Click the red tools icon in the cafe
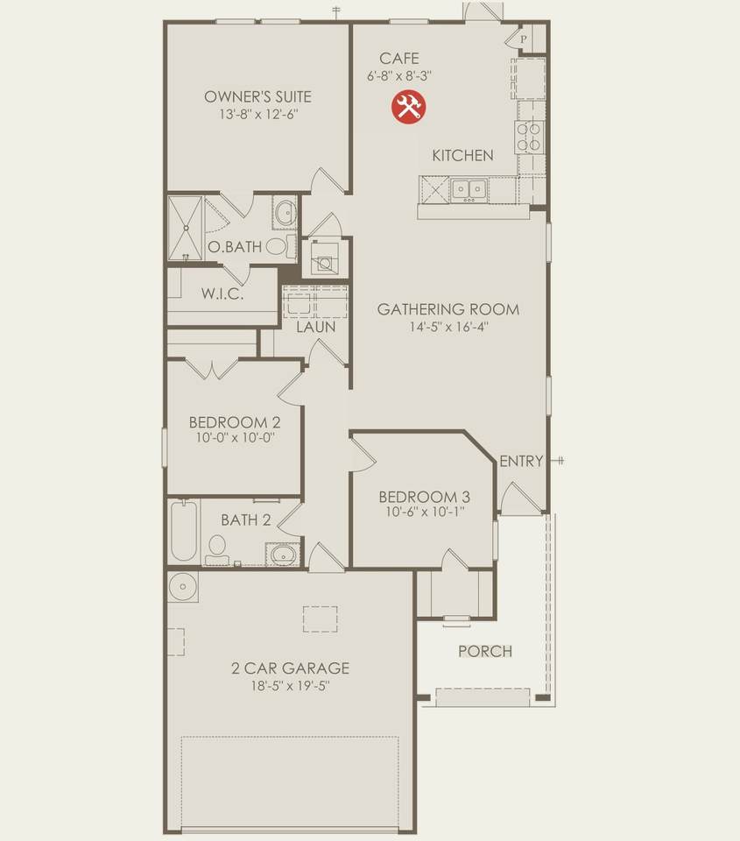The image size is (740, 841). (409, 106)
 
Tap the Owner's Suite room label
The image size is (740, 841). (258, 96)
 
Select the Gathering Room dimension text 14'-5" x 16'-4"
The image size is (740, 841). (449, 327)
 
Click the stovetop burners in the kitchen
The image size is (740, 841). (528, 137)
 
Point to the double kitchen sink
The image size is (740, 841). (469, 189)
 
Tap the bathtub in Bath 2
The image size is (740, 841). (184, 531)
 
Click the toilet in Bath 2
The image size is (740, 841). (217, 550)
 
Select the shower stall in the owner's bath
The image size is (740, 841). (186, 229)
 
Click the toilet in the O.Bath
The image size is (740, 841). (279, 246)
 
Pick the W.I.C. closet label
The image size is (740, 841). (222, 294)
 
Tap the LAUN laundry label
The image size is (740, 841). (316, 327)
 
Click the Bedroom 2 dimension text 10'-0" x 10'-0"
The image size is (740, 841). (235, 437)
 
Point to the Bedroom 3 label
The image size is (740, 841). (425, 497)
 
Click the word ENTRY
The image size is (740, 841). (521, 461)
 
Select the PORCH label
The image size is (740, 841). (485, 651)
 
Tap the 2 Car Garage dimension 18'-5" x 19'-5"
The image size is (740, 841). (290, 685)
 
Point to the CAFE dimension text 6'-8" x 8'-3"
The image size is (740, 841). (399, 75)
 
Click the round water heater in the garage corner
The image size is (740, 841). (183, 587)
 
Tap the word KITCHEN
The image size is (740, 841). (462, 156)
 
